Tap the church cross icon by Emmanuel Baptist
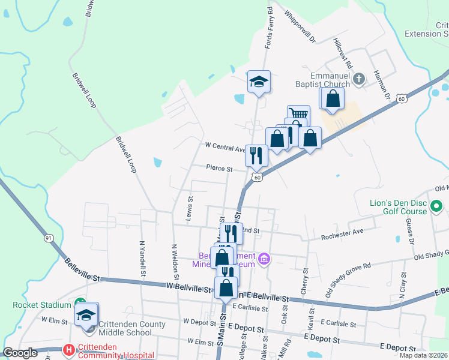(x=359, y=79)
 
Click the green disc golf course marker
(x=437, y=208)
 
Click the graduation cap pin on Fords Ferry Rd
(x=259, y=82)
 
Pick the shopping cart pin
(x=298, y=114)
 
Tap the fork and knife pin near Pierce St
(x=256, y=155)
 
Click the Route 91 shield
(x=49, y=238)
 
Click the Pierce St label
(x=219, y=169)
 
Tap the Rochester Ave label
(x=342, y=232)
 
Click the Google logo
(x=20, y=353)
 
